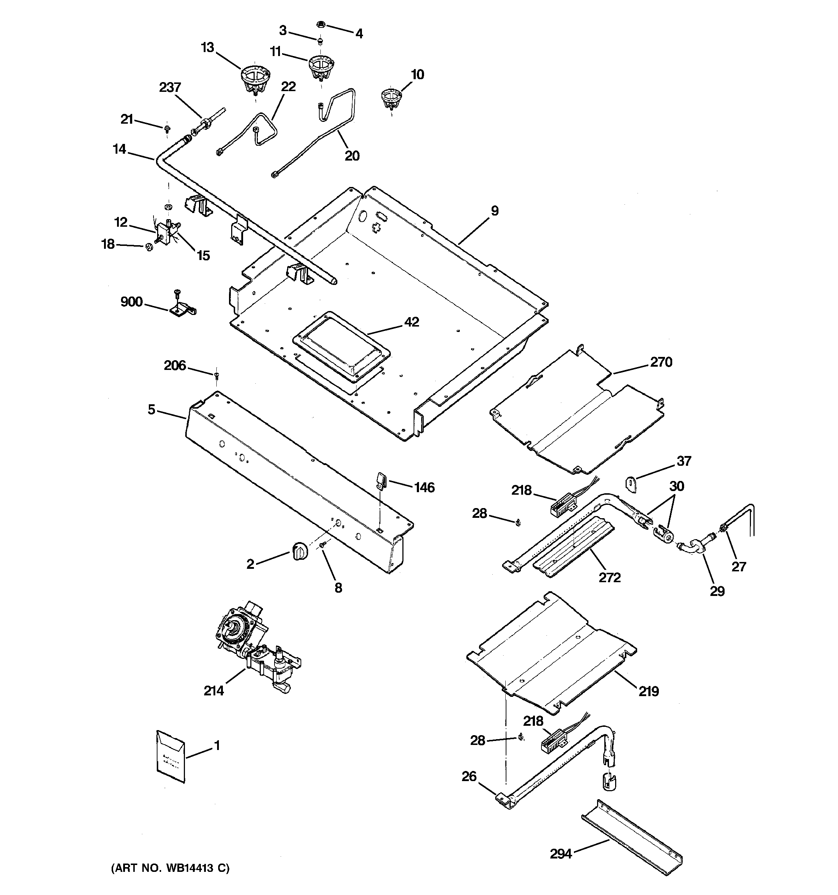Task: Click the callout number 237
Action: click(x=170, y=88)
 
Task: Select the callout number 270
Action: click(x=661, y=362)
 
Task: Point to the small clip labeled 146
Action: click(x=381, y=480)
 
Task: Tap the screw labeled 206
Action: click(x=216, y=374)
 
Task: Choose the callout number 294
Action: click(x=561, y=853)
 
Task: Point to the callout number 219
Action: click(x=649, y=691)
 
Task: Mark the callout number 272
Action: click(x=609, y=577)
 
